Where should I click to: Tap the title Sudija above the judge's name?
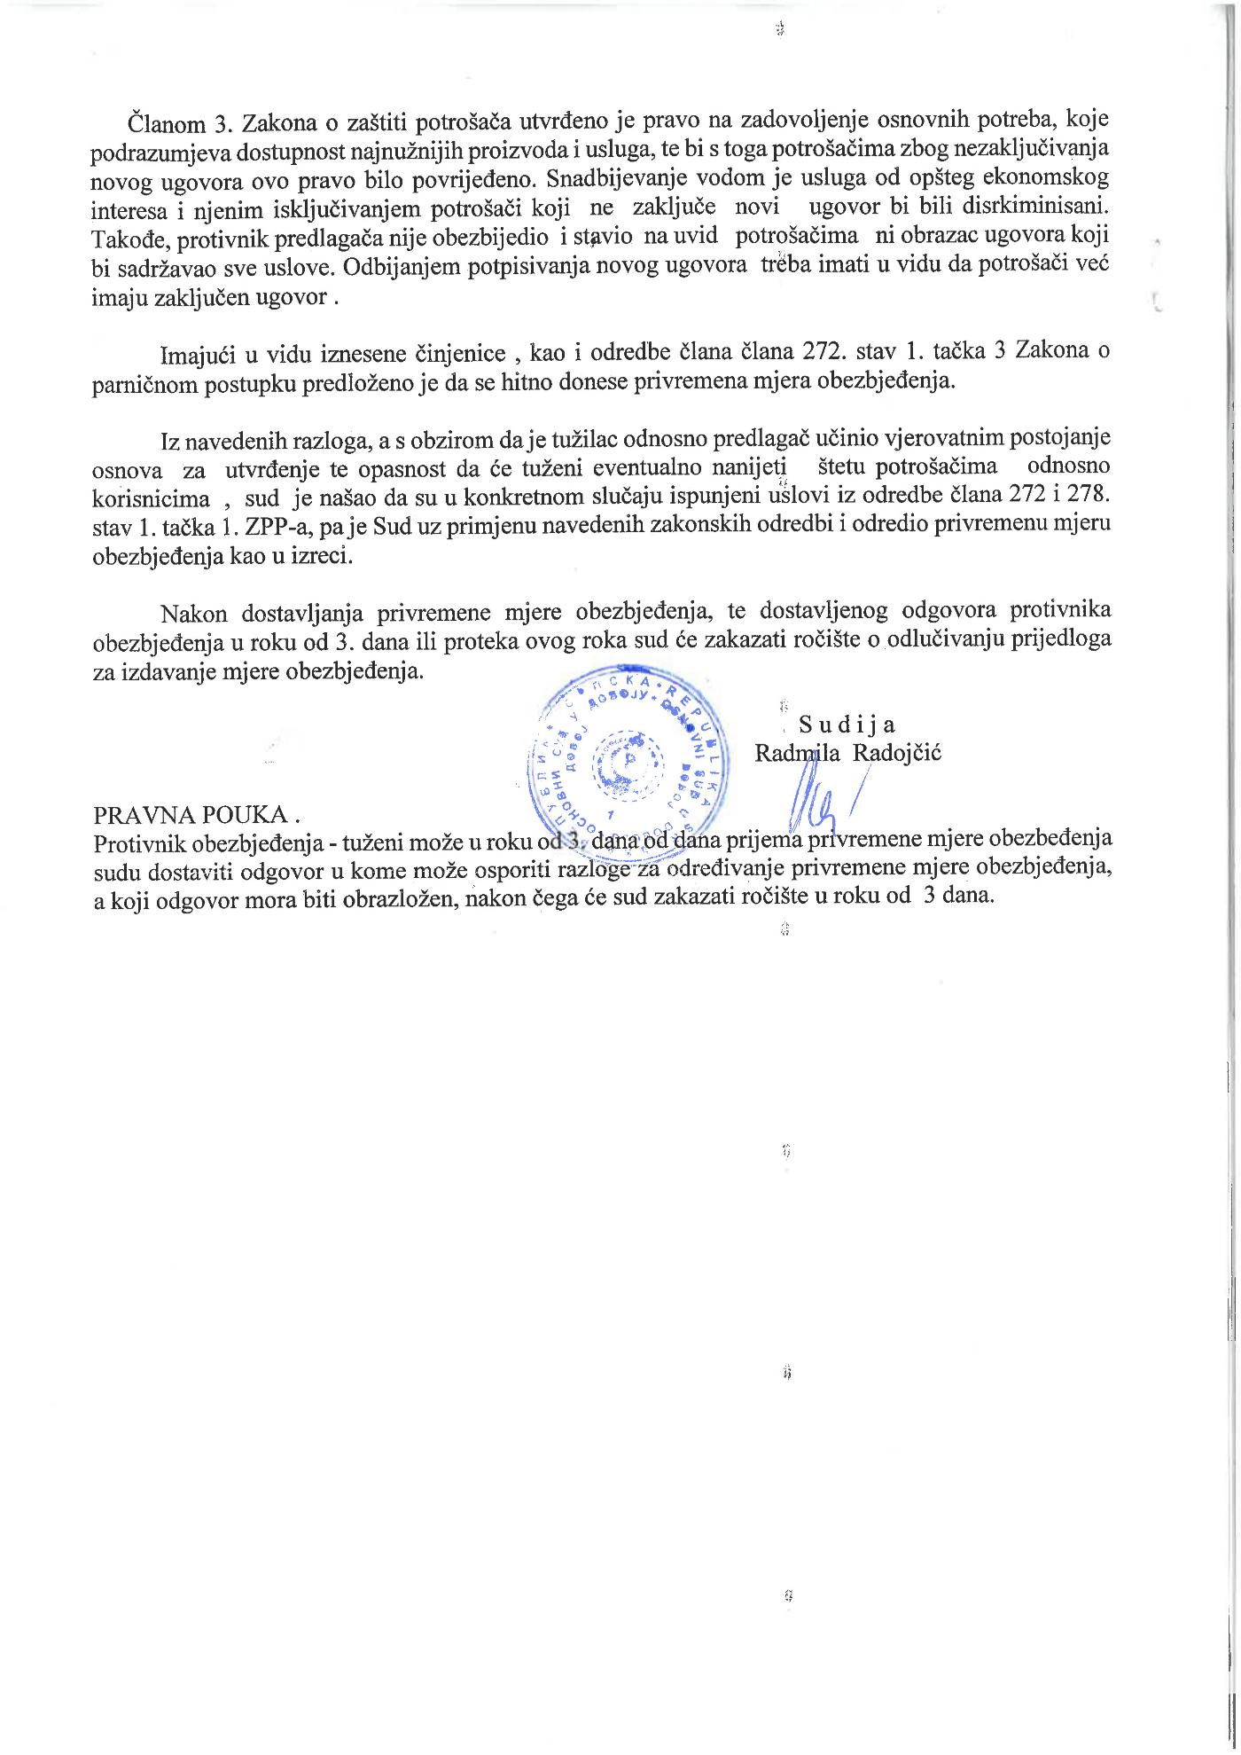tap(846, 725)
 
